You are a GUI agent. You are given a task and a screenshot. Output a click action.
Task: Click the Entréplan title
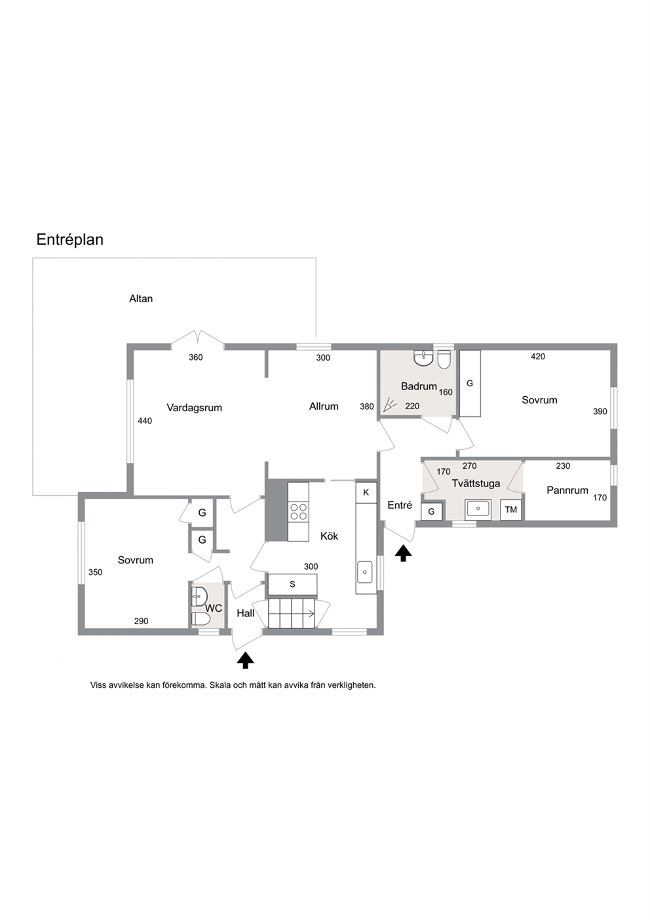[69, 240]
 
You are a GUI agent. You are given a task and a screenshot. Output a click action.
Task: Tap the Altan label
[141, 298]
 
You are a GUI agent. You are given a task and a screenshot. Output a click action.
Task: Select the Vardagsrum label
[194, 408]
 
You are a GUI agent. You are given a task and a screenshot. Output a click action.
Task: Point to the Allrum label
[324, 406]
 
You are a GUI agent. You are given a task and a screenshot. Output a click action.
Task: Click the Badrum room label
[419, 386]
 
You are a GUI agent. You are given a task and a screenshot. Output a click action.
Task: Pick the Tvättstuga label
[476, 483]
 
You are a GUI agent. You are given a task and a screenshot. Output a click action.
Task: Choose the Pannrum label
[567, 490]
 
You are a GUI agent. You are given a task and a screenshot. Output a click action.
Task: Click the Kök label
[329, 536]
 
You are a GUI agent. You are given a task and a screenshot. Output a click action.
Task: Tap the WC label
[214, 609]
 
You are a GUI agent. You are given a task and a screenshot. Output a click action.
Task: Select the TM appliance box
[511, 510]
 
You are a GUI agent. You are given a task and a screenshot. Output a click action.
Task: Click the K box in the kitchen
[366, 492]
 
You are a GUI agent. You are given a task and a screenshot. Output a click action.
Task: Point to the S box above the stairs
[292, 584]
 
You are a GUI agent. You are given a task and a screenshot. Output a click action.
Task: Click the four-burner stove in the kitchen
[298, 511]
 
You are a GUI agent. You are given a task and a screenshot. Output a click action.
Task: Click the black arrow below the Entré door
[404, 553]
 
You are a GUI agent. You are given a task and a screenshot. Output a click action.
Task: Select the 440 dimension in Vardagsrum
[145, 420]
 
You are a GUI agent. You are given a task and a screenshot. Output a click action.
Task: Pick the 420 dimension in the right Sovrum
[538, 357]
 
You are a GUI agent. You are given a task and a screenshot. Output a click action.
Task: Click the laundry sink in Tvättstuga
[478, 509]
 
